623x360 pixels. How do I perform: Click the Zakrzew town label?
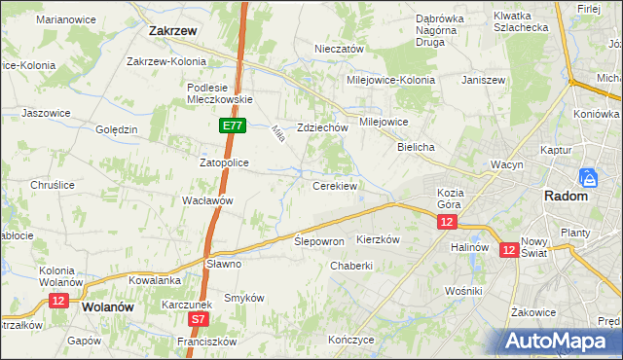coord(173,30)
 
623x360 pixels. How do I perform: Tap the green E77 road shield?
coord(232,126)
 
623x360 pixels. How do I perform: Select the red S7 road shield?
coord(199,318)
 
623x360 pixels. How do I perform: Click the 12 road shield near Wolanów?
coord(57,302)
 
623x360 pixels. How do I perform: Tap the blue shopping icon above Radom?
coord(587,178)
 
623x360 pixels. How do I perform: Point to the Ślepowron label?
coord(319,240)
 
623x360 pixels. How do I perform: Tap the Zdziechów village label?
coord(322,127)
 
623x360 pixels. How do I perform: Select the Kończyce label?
coord(351,341)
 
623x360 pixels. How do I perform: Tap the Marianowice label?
coord(66,18)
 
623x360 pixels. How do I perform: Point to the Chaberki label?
coord(351,266)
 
